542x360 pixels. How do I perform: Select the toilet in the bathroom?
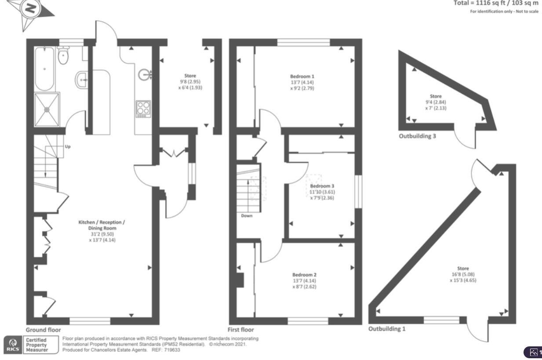63,56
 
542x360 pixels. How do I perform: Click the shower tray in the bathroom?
47,109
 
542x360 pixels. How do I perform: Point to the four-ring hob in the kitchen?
143,109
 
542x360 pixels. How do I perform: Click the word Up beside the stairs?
68,146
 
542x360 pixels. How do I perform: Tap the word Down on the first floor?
247,216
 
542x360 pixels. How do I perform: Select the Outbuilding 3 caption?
417,136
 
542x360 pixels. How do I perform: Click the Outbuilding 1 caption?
387,329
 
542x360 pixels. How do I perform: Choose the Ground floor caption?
43,330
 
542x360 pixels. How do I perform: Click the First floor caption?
240,330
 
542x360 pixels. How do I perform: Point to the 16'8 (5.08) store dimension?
462,274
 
